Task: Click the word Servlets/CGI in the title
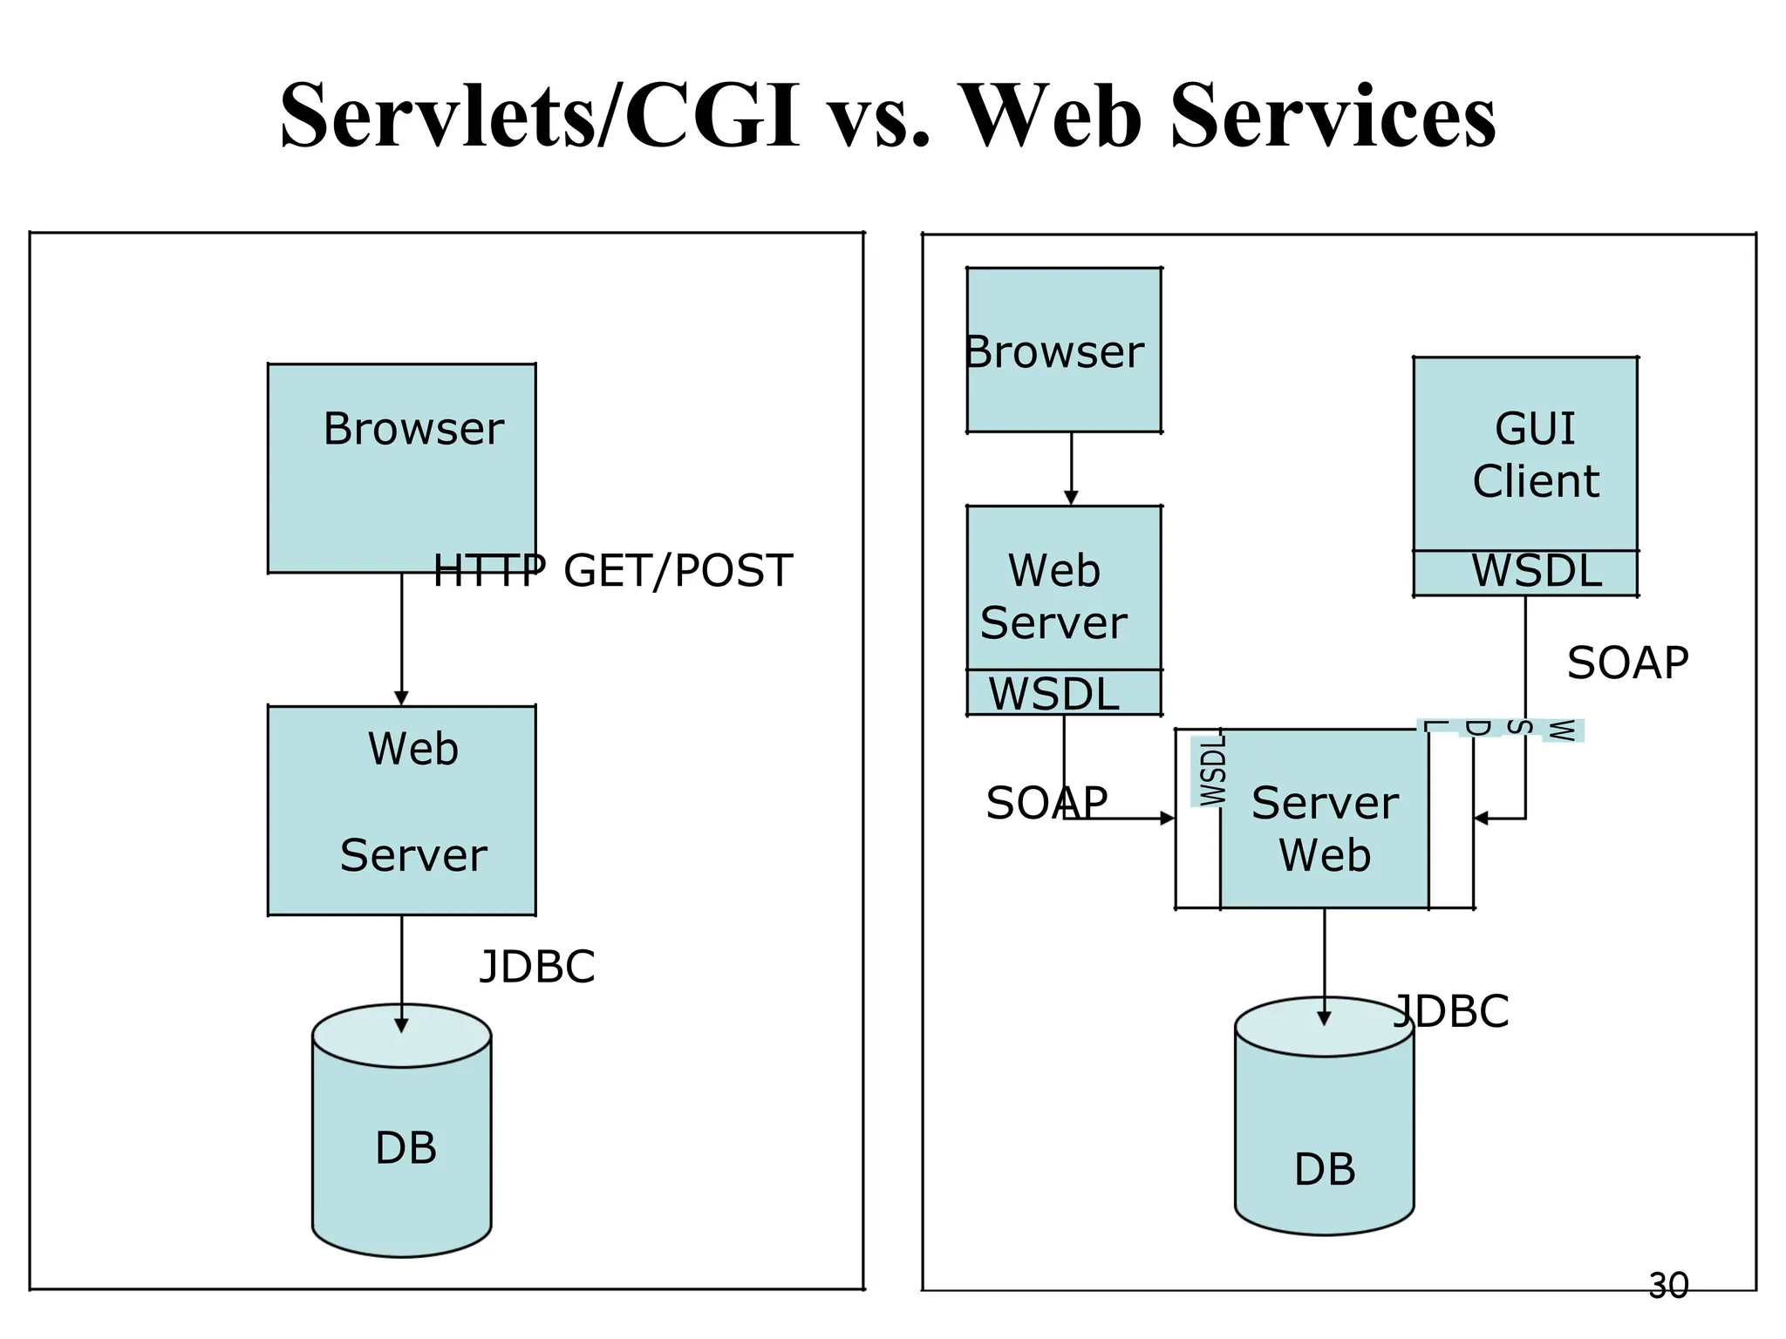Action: (x=539, y=116)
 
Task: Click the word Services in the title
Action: (x=1333, y=116)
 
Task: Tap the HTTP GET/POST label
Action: (x=613, y=571)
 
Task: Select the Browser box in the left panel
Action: (x=401, y=467)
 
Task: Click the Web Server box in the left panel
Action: (x=401, y=810)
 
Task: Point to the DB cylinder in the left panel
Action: (x=402, y=1142)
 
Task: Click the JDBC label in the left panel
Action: (x=537, y=967)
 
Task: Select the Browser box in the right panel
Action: (x=1063, y=350)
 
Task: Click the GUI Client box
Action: (x=1524, y=453)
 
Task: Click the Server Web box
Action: (x=1324, y=828)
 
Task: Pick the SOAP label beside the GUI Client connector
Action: (x=1627, y=663)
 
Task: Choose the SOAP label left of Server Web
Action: (x=1046, y=803)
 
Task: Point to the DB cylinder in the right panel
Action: (x=1324, y=1133)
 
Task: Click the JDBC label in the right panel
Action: (x=1452, y=1011)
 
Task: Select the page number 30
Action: (x=1668, y=1286)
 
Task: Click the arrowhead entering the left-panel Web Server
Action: (x=401, y=698)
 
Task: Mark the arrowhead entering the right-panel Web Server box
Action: (x=1071, y=498)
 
